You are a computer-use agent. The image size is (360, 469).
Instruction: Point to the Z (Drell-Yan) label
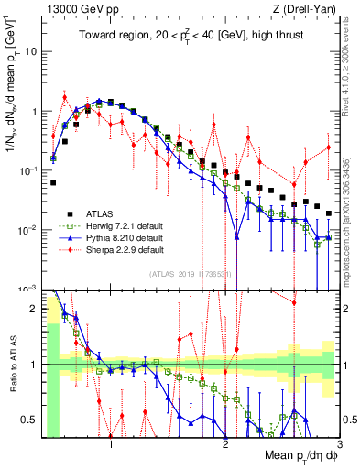309,9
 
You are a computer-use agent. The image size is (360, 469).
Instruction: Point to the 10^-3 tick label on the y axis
27,289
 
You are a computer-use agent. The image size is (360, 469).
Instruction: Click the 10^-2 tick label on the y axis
27,230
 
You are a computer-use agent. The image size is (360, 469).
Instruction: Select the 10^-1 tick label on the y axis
27,170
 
